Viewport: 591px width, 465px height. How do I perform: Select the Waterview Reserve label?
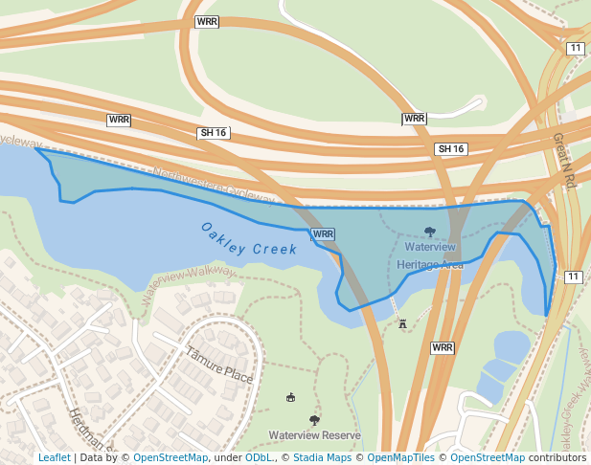[314, 435]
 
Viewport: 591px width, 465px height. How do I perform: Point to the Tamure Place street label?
[219, 365]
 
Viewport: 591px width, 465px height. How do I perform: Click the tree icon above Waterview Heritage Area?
[429, 232]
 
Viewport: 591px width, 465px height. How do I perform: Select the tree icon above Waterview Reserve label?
[314, 420]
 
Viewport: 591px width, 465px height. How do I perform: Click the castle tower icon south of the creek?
[402, 323]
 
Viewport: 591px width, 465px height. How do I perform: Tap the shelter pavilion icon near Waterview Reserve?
[291, 397]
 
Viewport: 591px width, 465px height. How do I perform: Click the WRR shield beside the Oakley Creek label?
[323, 233]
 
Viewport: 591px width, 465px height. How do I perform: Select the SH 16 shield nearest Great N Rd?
[450, 148]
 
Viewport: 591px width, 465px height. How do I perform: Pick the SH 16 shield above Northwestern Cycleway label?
[211, 133]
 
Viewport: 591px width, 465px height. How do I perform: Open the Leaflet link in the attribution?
[54, 457]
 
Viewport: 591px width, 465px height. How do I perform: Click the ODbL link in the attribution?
[259, 457]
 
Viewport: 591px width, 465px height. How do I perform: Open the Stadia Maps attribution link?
[322, 457]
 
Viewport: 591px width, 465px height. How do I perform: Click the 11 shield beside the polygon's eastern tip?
[573, 277]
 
